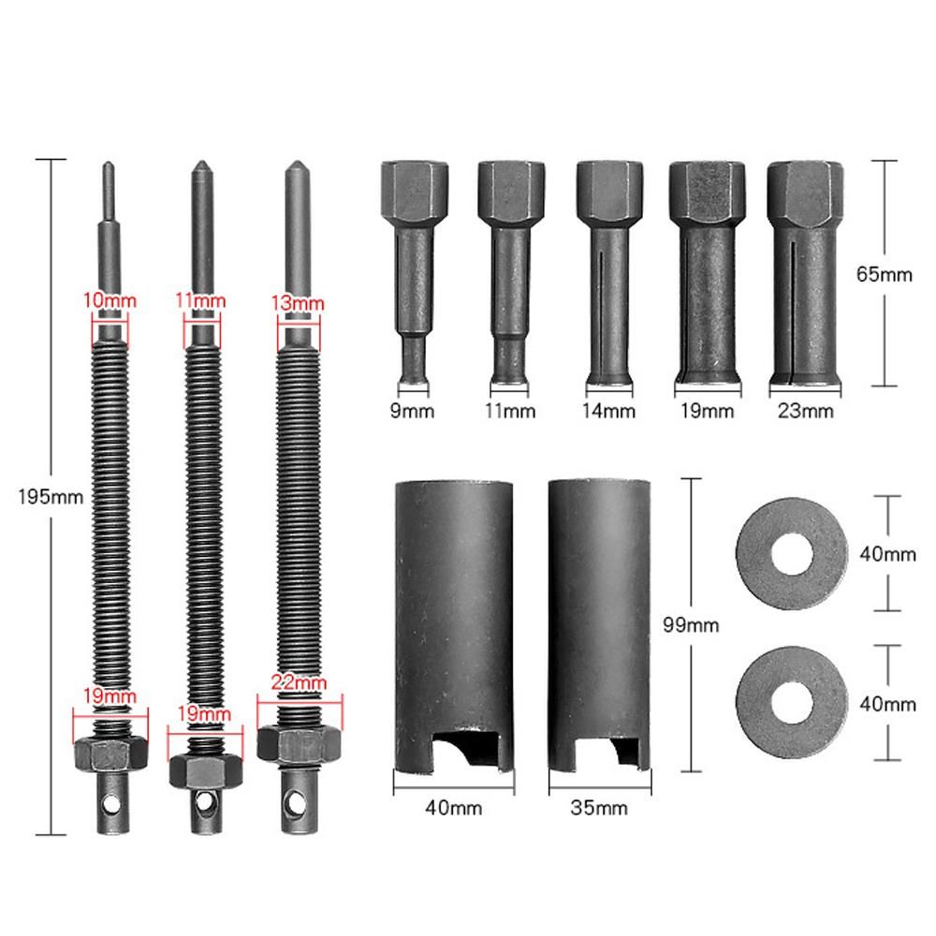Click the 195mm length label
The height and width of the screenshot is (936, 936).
point(51,497)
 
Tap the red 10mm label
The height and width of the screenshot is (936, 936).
point(110,300)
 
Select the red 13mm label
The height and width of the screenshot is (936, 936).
point(298,302)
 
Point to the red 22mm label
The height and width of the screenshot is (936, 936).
point(299,682)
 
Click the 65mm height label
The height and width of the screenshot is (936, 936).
point(885,274)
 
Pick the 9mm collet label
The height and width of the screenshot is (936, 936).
point(412,411)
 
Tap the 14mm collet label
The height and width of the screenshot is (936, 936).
point(608,411)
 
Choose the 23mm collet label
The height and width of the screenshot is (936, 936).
point(805,411)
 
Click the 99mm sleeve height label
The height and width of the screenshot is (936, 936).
point(691,625)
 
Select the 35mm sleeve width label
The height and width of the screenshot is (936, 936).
point(599,808)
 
